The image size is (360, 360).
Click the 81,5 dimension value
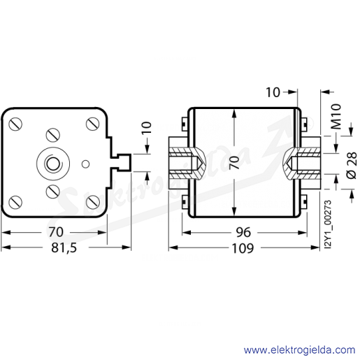click(x=64, y=248)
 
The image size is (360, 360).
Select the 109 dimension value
click(x=243, y=248)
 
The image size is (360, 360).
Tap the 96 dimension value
click(x=243, y=232)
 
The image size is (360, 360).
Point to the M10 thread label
click(x=336, y=117)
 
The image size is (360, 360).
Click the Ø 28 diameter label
click(x=352, y=166)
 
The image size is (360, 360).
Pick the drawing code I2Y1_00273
click(x=328, y=224)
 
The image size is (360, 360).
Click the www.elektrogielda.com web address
click(x=299, y=350)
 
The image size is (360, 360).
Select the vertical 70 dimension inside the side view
click(x=234, y=162)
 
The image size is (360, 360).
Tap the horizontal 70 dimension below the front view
click(x=56, y=232)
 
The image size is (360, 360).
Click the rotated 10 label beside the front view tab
click(x=147, y=128)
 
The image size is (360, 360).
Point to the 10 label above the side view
click(x=273, y=92)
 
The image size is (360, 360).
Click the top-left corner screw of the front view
click(x=15, y=124)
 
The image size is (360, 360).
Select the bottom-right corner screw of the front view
click(x=93, y=202)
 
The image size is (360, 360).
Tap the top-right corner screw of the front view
click(x=93, y=124)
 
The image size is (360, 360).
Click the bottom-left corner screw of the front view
click(x=15, y=202)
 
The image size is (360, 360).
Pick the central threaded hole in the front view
click(x=53, y=164)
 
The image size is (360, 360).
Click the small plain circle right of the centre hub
click(x=85, y=164)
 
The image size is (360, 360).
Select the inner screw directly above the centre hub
click(x=53, y=135)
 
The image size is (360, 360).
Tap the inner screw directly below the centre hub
click(x=53, y=192)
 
